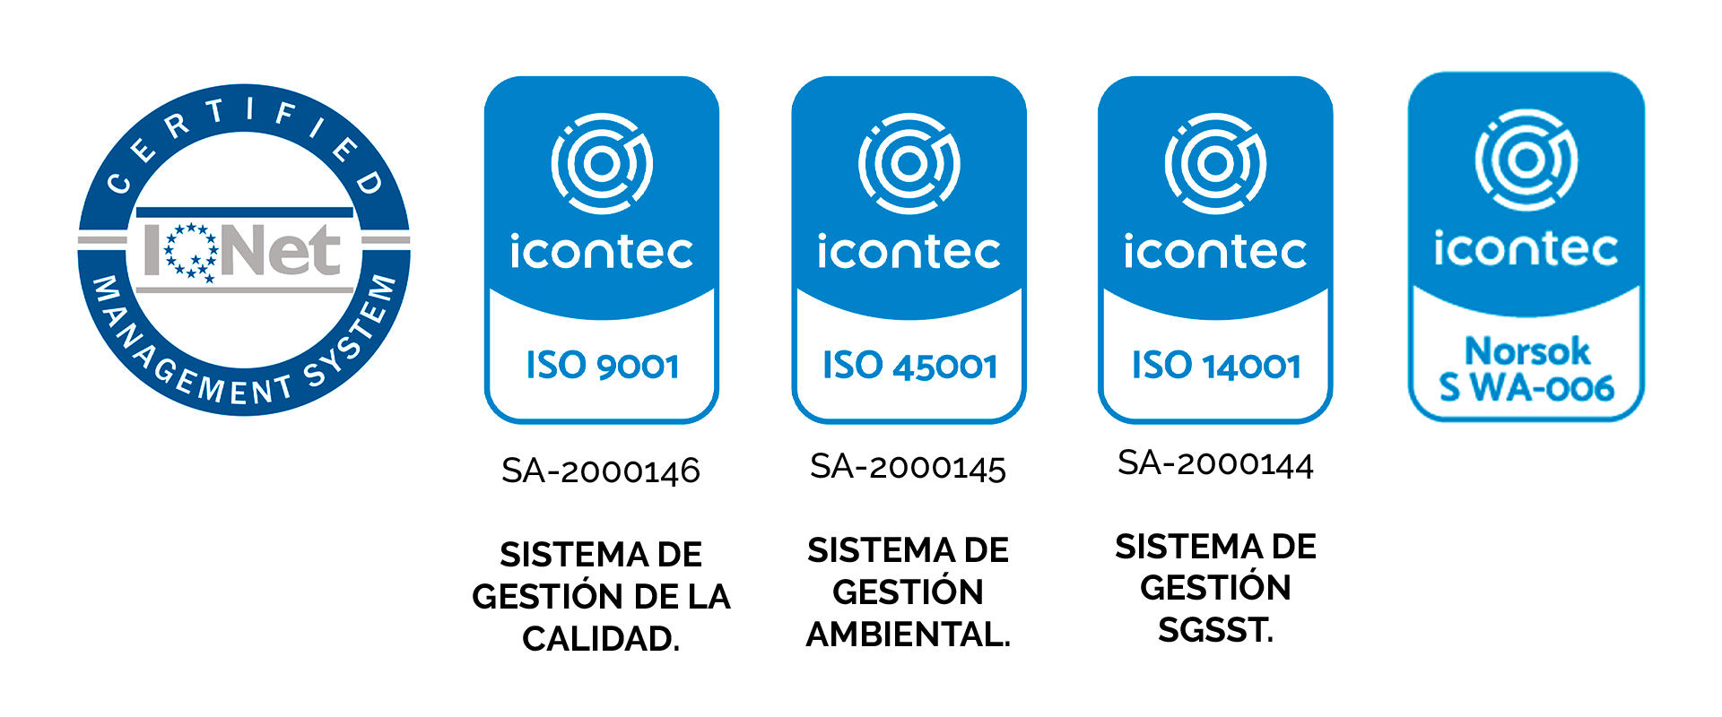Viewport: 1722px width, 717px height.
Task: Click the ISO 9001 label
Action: (x=602, y=366)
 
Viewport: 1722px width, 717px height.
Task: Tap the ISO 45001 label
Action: (x=909, y=366)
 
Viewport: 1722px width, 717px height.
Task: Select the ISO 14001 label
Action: (x=1216, y=366)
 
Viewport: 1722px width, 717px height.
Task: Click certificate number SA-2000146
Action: (x=601, y=471)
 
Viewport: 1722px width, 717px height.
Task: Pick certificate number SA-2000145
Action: (x=908, y=467)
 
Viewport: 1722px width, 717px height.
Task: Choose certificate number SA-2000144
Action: (x=1215, y=463)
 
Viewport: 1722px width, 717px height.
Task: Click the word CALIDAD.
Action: (x=601, y=639)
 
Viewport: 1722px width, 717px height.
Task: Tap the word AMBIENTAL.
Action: (x=908, y=635)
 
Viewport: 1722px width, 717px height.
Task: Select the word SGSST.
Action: (x=1215, y=630)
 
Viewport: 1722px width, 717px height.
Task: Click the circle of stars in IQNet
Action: (x=191, y=251)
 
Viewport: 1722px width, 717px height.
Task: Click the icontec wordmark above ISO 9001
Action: (x=602, y=251)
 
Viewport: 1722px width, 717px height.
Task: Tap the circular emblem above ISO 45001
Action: (x=909, y=163)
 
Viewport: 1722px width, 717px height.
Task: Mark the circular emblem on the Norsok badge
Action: (x=1526, y=160)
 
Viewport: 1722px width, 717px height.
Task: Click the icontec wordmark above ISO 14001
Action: (x=1215, y=251)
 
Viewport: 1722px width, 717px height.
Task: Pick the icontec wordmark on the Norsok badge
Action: (x=1526, y=248)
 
